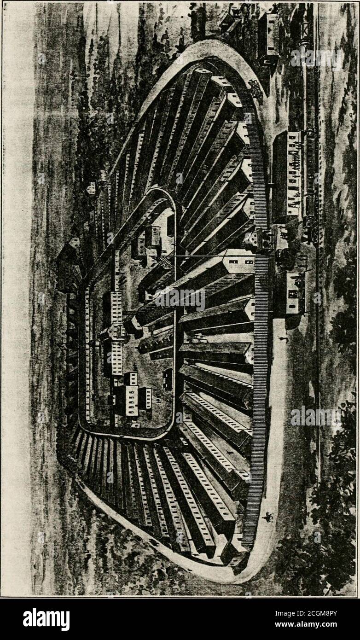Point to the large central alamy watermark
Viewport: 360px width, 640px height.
(x=180, y=299)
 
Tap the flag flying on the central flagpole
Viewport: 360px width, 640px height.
(x=165, y=262)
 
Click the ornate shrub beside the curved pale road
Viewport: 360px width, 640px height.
(x=255, y=88)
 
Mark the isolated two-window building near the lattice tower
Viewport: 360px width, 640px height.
(x=268, y=38)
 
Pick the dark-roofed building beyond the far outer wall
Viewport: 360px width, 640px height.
(x=70, y=264)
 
